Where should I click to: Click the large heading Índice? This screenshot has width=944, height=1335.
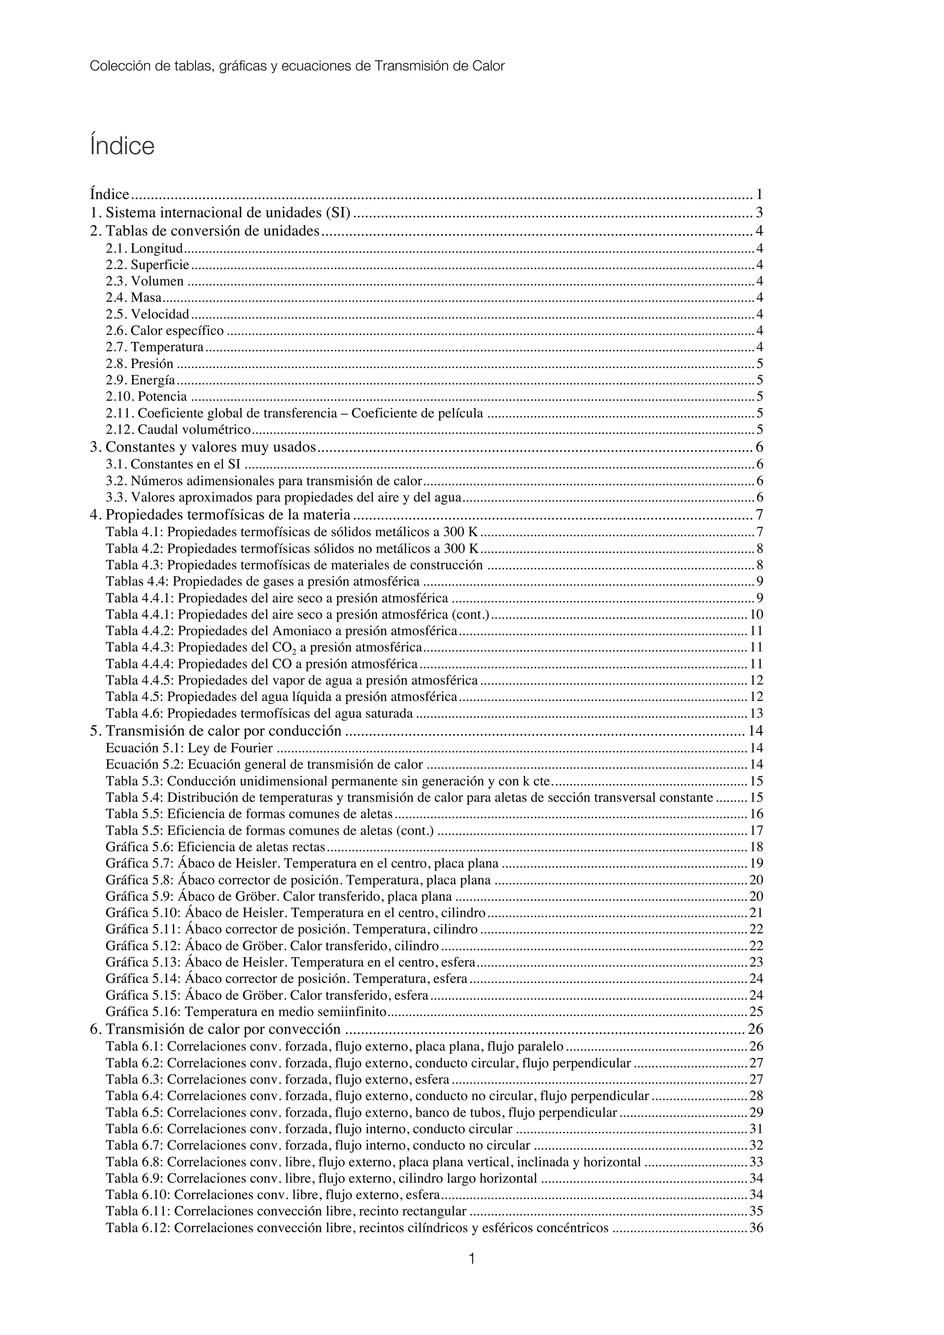pyautogui.click(x=122, y=146)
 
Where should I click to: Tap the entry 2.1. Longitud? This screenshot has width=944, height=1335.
pyautogui.click(x=144, y=249)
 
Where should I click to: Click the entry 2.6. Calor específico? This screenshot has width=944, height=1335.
pyautogui.click(x=165, y=331)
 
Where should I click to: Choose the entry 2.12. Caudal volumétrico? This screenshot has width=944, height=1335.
pyautogui.click(x=178, y=430)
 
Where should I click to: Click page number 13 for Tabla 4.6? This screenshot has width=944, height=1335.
pyautogui.click(x=756, y=714)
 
